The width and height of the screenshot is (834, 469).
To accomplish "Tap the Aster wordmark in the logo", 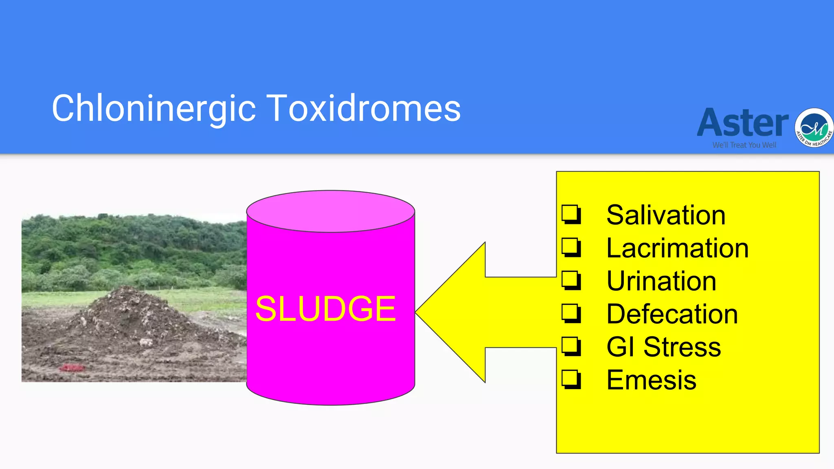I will click(x=743, y=123).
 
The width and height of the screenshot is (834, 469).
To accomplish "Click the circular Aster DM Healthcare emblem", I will click(x=814, y=128).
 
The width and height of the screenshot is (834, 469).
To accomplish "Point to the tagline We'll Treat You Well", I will click(x=744, y=145).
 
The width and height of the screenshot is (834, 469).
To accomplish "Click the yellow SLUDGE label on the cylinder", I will click(x=325, y=309).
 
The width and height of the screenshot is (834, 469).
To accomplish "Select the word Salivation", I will click(x=666, y=215).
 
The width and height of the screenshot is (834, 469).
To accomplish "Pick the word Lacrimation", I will click(x=677, y=248).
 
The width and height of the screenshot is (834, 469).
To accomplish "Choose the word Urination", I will click(x=661, y=281).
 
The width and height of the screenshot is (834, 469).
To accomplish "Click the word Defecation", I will click(x=672, y=314).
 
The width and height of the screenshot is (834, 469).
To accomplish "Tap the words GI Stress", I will click(x=663, y=347).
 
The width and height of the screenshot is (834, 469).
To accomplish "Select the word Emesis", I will click(x=651, y=380).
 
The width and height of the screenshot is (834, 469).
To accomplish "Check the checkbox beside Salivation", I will click(x=571, y=214).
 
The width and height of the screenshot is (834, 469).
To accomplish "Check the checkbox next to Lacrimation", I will click(x=571, y=247).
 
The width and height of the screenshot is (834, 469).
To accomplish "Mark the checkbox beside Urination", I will click(x=571, y=280).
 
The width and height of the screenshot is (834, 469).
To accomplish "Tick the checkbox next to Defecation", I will click(x=571, y=313).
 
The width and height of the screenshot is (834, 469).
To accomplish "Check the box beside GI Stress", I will click(x=571, y=346).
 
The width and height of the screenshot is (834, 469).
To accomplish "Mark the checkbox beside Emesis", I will click(x=571, y=379).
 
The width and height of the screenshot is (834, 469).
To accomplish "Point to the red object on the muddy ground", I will click(x=72, y=368).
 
